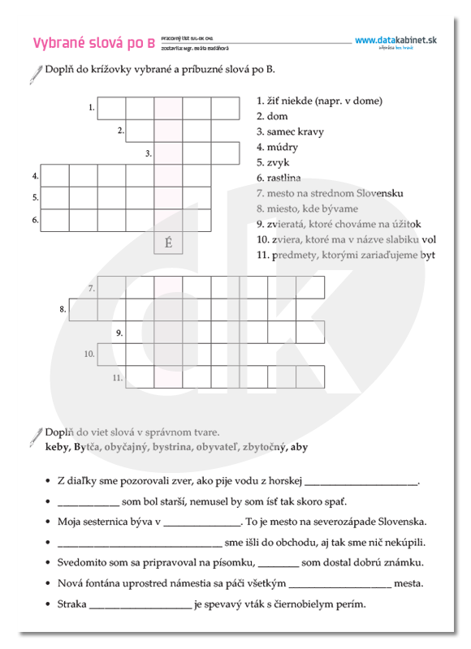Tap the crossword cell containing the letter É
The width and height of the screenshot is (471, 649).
(x=168, y=243)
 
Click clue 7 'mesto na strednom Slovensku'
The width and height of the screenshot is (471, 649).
(x=330, y=193)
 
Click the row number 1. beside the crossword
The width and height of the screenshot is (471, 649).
(x=92, y=107)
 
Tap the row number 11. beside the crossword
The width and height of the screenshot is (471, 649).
(x=118, y=377)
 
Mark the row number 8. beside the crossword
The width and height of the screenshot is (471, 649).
(x=63, y=309)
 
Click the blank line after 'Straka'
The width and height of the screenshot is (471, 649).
(x=140, y=605)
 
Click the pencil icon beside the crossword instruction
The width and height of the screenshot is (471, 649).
(x=34, y=74)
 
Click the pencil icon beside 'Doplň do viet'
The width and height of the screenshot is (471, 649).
(x=34, y=435)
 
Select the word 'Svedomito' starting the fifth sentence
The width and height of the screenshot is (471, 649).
(x=81, y=563)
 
